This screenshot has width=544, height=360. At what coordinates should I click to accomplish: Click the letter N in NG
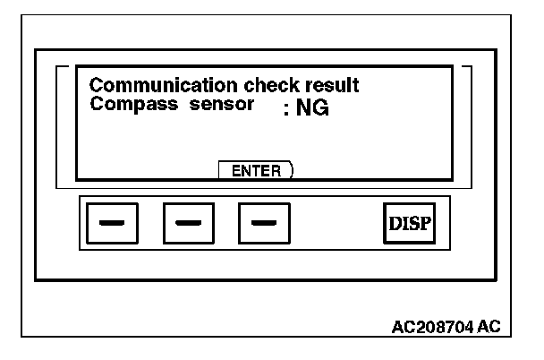click(x=291, y=109)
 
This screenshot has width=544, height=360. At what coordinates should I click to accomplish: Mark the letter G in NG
click(x=307, y=109)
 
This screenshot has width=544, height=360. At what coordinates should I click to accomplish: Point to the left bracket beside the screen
click(x=60, y=125)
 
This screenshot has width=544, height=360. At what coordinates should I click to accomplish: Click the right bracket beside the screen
click(x=469, y=125)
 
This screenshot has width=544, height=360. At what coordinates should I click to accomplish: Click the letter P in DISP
click(x=427, y=222)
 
